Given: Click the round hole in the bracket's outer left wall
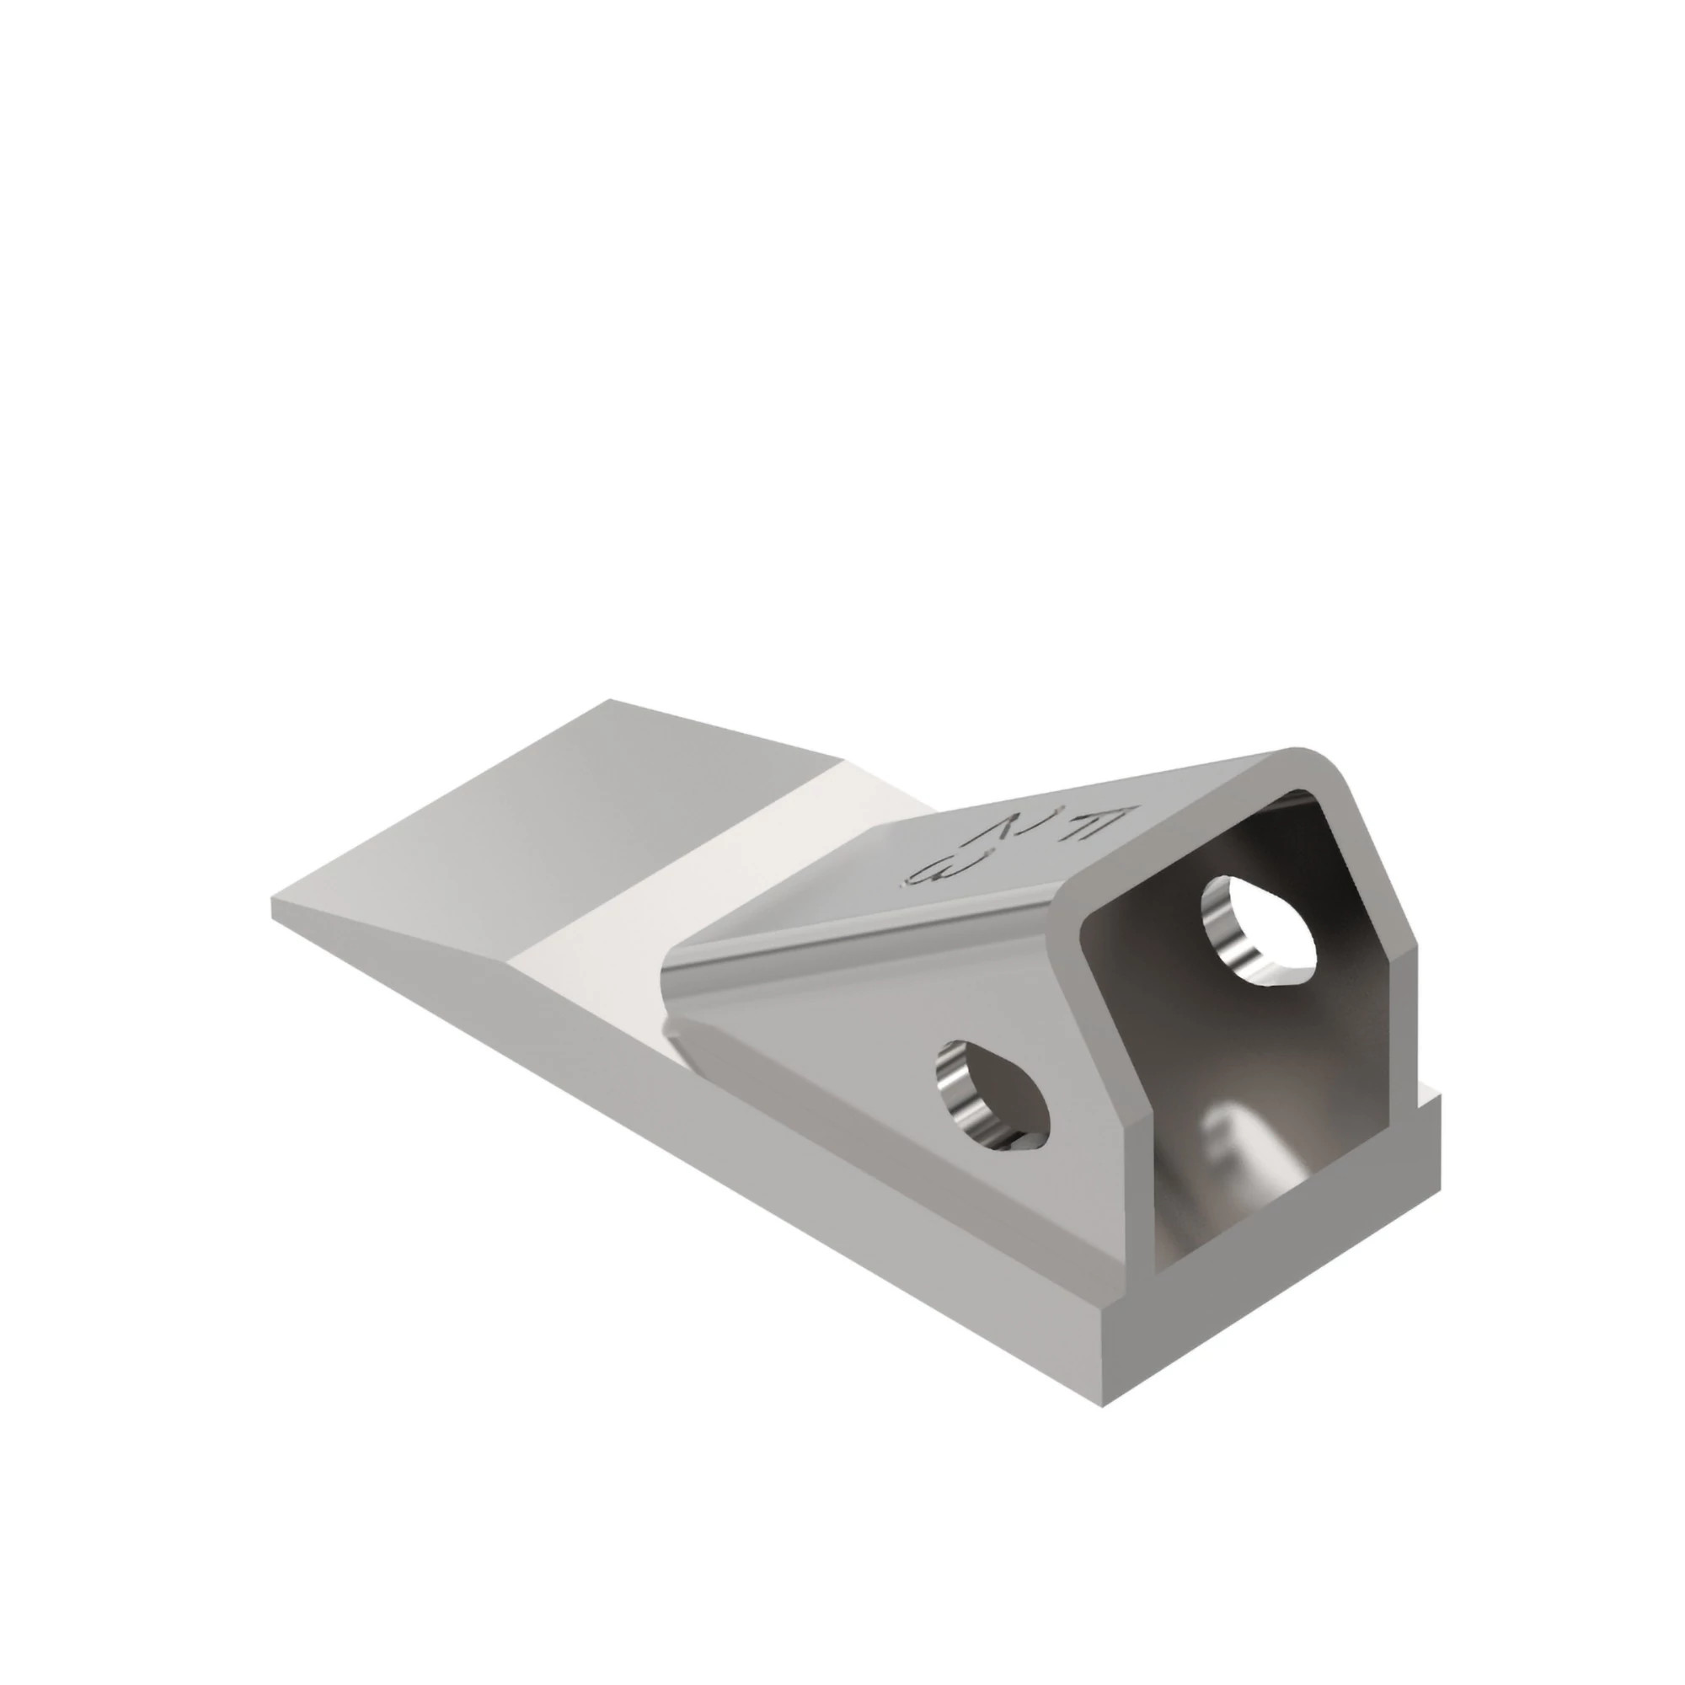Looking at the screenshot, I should pyautogui.click(x=992, y=1094).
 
